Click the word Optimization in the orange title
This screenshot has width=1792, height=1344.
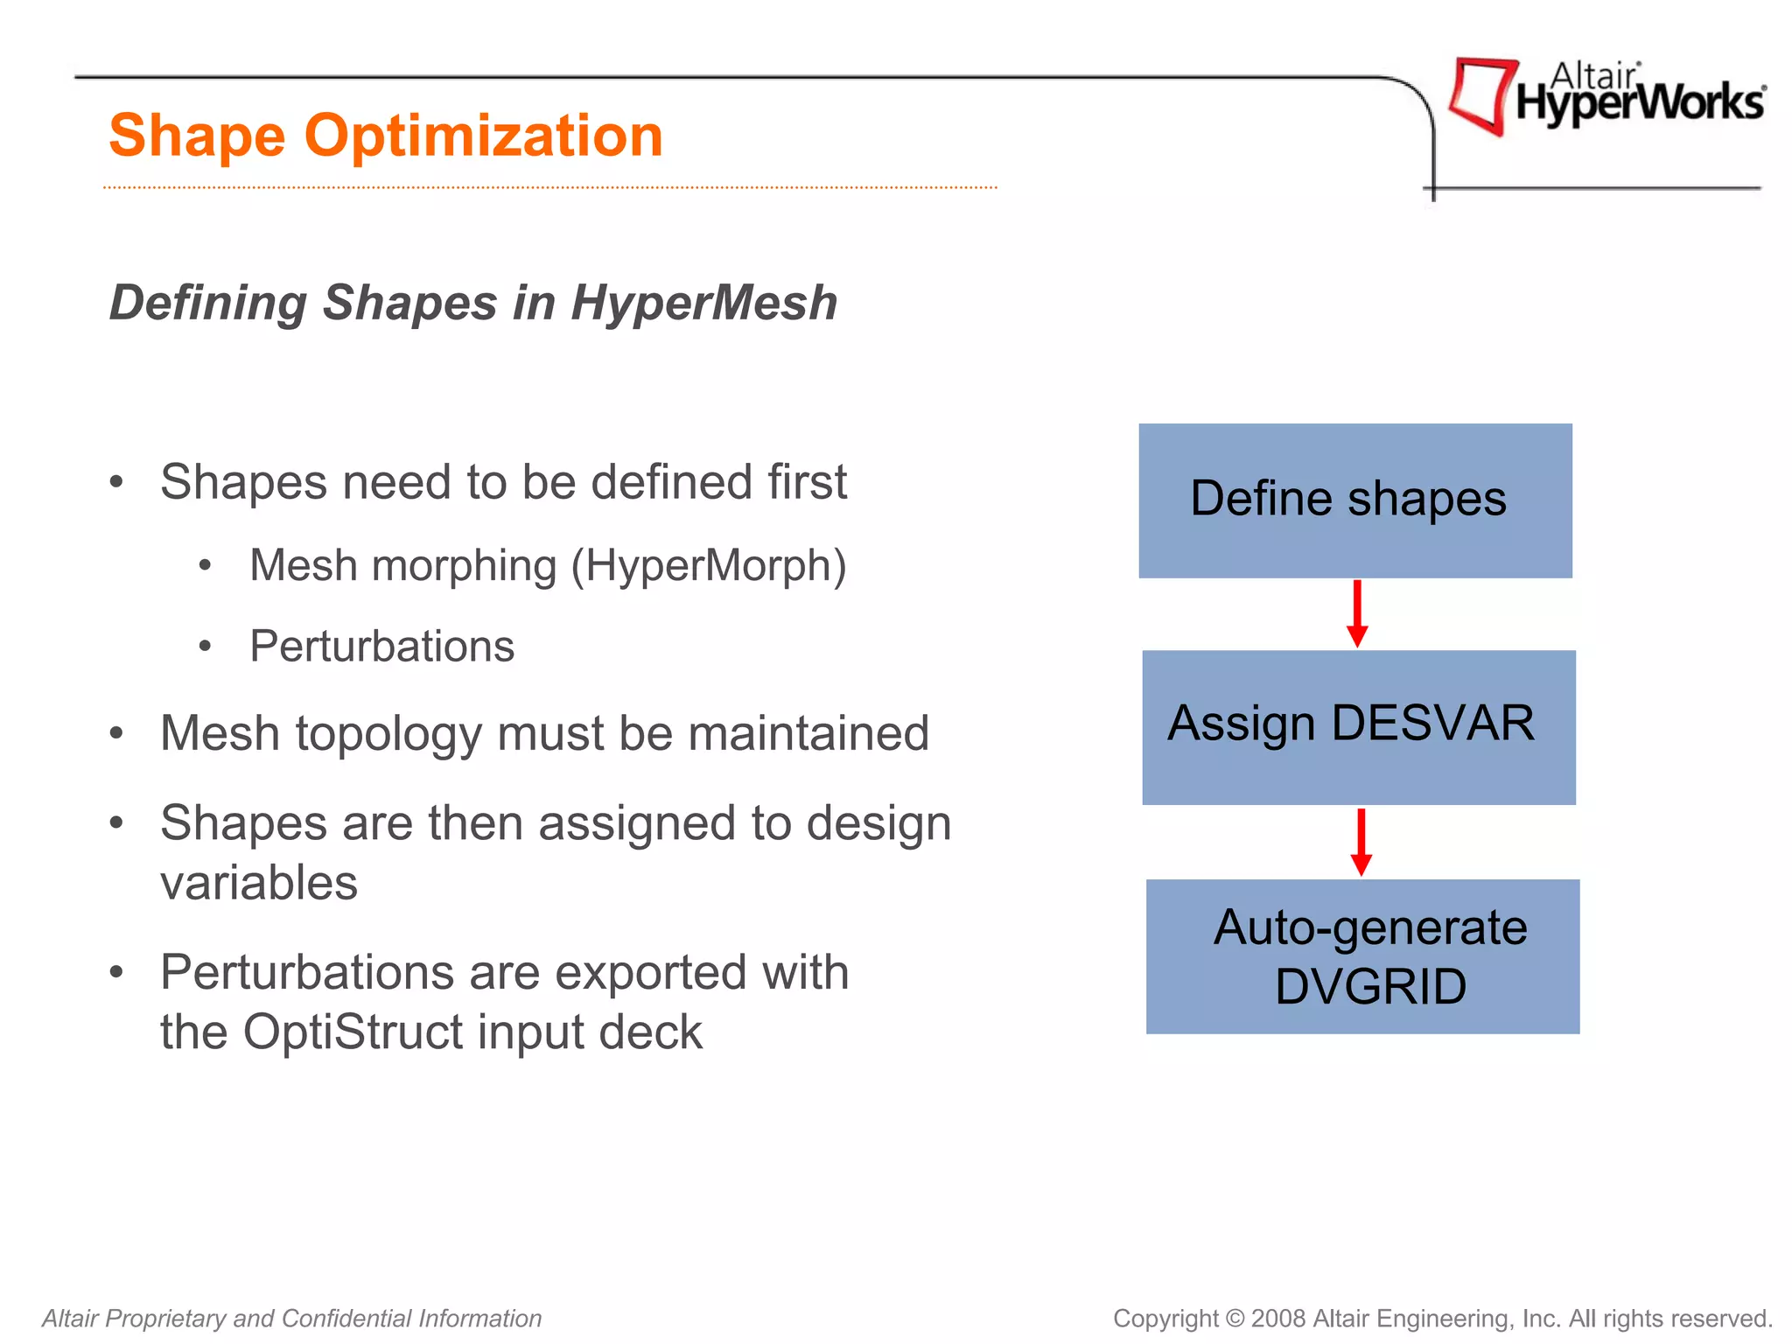(x=483, y=137)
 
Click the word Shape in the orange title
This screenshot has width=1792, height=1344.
(x=197, y=137)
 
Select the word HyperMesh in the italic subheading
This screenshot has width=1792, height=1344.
(x=703, y=304)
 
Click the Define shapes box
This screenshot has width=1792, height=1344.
(x=1354, y=500)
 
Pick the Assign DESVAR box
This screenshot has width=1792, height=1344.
(x=1358, y=726)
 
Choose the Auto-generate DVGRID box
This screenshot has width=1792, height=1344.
(x=1362, y=955)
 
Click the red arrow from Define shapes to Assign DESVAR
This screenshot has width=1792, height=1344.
(x=1357, y=613)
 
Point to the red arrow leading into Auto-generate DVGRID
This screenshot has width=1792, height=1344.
(x=1361, y=842)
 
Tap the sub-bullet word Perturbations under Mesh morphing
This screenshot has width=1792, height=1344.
(x=381, y=647)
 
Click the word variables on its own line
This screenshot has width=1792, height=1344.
(x=259, y=883)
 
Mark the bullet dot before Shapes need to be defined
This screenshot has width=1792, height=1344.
(x=116, y=483)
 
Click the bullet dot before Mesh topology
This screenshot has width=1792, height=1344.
(x=116, y=734)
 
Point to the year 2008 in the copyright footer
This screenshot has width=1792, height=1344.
(x=1278, y=1318)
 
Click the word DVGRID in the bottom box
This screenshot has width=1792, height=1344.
(x=1369, y=987)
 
